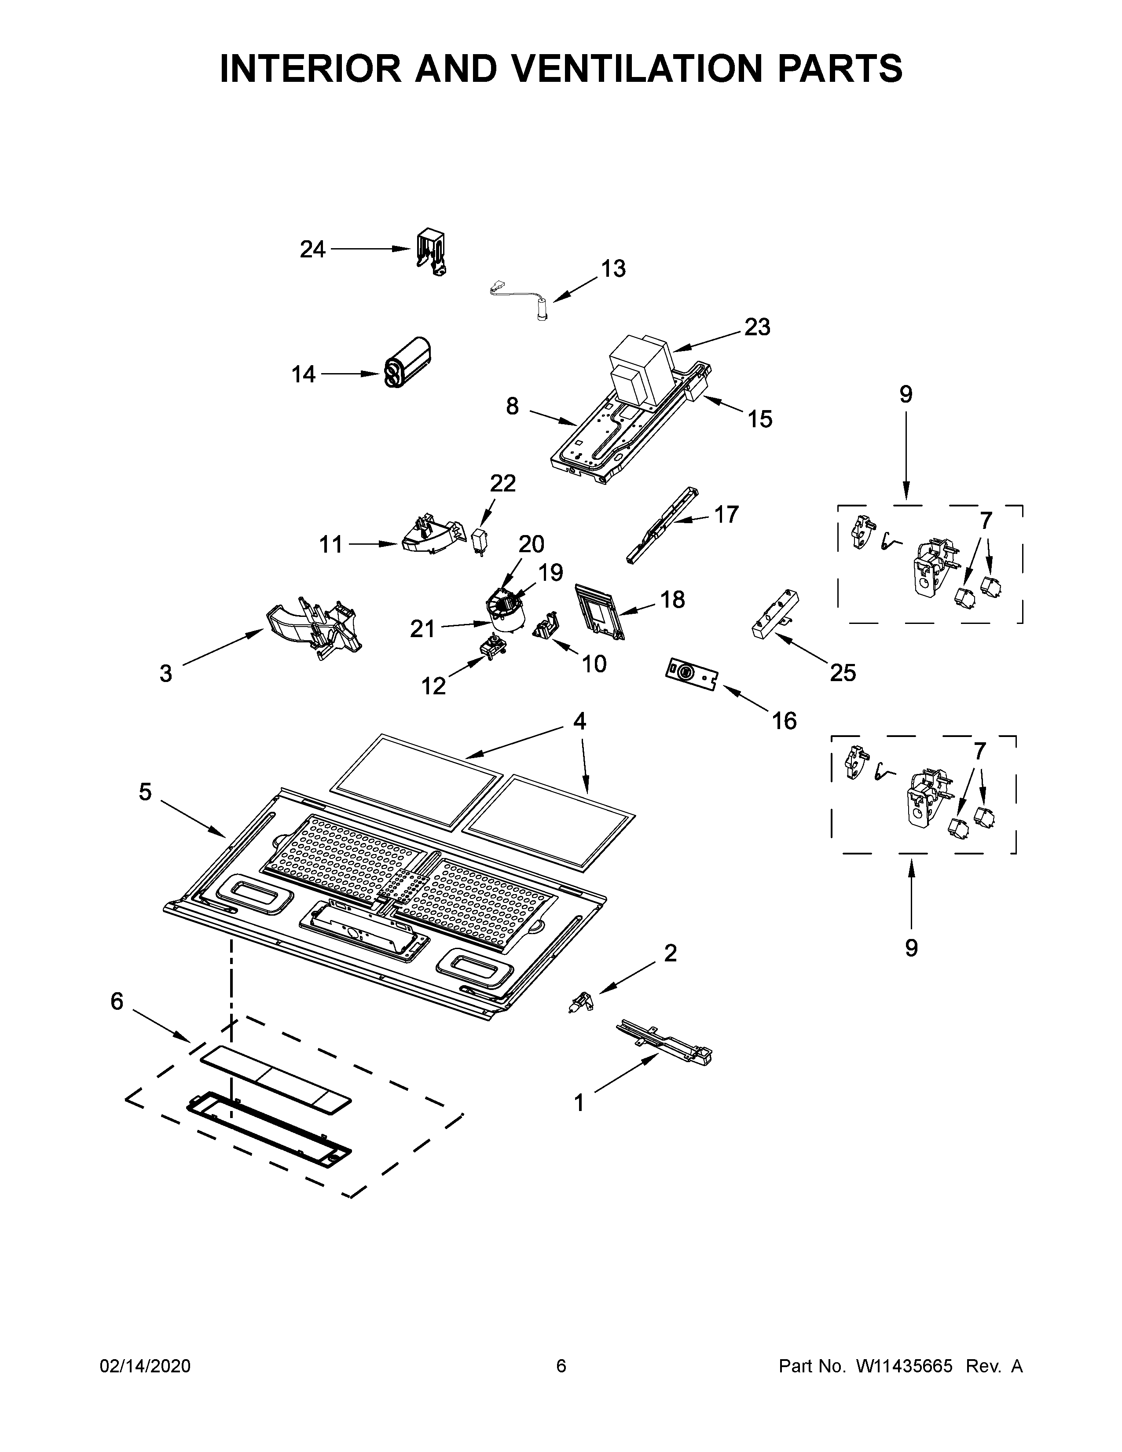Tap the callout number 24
click(312, 250)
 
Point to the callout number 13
click(613, 269)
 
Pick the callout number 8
click(512, 406)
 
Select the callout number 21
click(422, 628)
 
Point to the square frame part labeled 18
click(599, 610)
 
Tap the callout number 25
click(842, 673)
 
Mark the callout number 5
click(145, 792)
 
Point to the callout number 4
click(579, 721)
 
